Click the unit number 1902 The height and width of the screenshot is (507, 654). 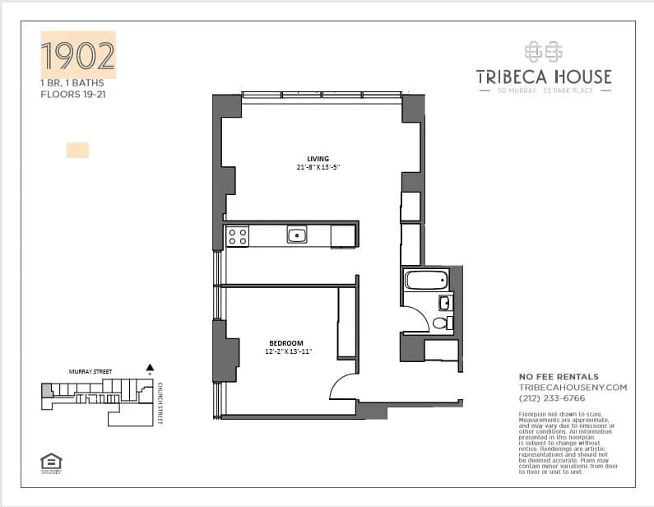78,55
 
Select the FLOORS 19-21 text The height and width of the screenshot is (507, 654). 73,95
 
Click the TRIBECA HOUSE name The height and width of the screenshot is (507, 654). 544,77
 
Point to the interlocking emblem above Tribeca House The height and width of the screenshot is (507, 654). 544,51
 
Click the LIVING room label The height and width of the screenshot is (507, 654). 318,159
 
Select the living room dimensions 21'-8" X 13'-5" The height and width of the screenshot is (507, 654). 318,168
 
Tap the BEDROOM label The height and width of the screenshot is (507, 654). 286,343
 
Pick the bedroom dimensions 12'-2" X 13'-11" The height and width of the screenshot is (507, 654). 287,352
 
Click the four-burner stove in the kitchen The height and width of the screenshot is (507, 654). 237,237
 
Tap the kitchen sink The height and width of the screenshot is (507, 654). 296,235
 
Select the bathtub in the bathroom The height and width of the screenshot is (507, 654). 426,280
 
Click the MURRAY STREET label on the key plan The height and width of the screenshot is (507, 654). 90,373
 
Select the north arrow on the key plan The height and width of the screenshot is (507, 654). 150,369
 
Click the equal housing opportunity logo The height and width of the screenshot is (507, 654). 51,463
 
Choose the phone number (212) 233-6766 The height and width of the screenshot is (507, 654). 547,398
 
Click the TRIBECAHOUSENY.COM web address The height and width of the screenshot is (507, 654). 573,387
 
